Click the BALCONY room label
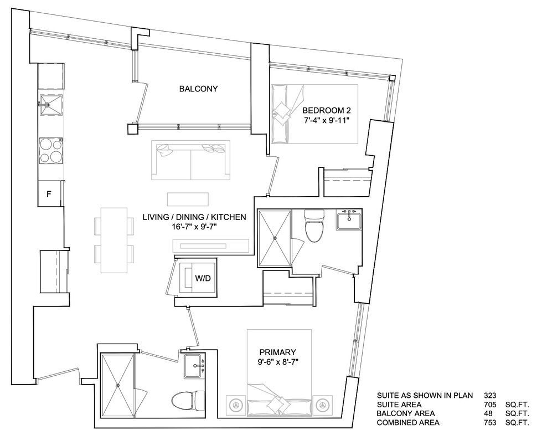click(x=198, y=89)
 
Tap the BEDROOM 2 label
click(x=327, y=111)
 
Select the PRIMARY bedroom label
click(x=278, y=352)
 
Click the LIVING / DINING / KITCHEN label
click(x=194, y=217)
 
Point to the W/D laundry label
click(x=203, y=278)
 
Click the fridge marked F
click(x=49, y=194)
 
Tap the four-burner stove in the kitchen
click(x=51, y=151)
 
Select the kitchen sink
click(x=51, y=105)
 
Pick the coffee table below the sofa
click(x=188, y=200)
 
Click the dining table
click(x=114, y=240)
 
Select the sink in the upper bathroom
click(x=349, y=221)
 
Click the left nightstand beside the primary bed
click(x=236, y=405)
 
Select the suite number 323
click(x=490, y=396)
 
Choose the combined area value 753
click(x=490, y=422)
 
